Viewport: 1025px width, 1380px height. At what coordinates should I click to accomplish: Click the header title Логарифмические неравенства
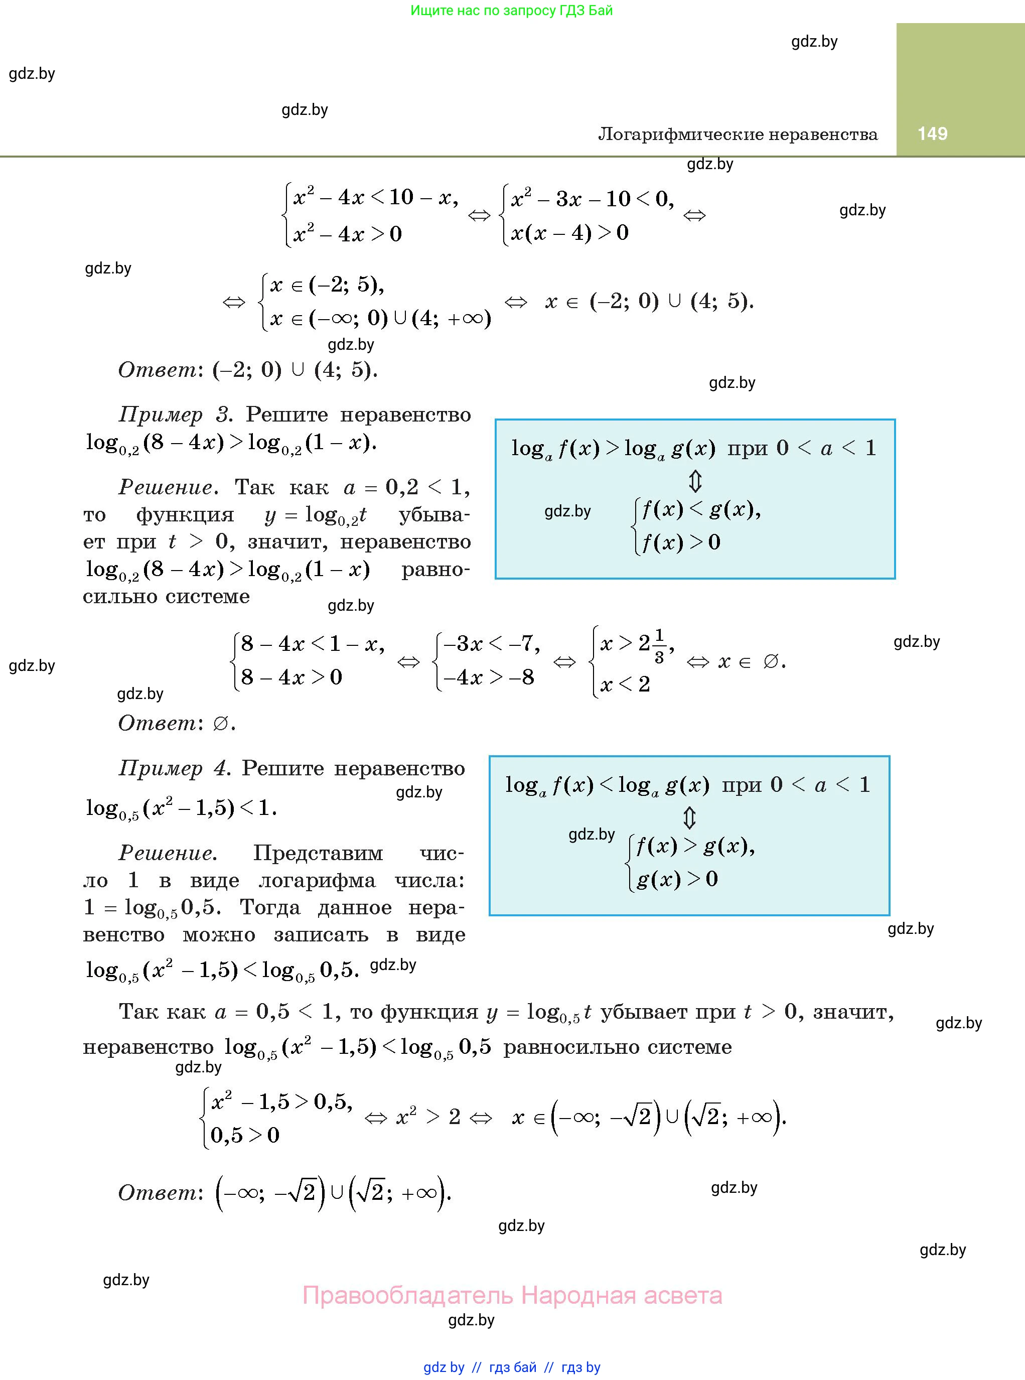tap(738, 134)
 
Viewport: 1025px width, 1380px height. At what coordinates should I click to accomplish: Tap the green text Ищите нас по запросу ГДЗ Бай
tap(512, 11)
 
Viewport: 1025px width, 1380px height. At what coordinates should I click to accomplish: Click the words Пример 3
tap(175, 415)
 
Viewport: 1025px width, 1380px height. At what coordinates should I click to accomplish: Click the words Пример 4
tap(175, 768)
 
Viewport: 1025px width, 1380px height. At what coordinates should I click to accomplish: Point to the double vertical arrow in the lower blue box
tap(689, 818)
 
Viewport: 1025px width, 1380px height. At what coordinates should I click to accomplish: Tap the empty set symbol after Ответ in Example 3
tap(220, 724)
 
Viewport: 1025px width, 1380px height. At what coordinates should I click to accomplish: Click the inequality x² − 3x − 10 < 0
tap(592, 199)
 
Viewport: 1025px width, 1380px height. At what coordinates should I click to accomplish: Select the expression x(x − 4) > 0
tap(569, 233)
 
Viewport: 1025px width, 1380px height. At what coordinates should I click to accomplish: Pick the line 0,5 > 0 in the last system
tap(245, 1135)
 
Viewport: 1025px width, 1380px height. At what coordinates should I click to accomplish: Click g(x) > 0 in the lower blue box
tap(677, 879)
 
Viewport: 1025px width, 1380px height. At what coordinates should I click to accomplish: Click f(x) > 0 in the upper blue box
tap(681, 542)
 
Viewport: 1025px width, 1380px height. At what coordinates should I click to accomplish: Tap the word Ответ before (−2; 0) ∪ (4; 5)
tap(157, 370)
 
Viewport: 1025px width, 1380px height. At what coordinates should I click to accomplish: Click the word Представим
tap(318, 853)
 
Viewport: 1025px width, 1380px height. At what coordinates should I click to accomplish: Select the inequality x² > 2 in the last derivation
tap(428, 1117)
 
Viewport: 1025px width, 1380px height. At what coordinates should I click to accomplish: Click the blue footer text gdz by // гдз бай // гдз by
tap(512, 1367)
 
